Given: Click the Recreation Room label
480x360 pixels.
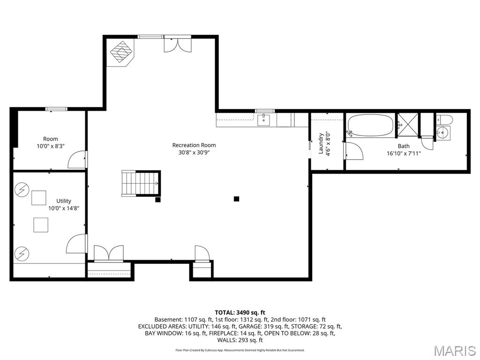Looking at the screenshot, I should point(194,145).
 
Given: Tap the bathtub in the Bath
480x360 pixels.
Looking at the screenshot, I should point(370,126).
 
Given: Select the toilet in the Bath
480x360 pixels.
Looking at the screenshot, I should point(443,120).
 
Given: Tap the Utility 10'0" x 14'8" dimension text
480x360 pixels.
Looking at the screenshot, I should point(64,209).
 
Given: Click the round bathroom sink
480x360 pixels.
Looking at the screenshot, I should point(442,133).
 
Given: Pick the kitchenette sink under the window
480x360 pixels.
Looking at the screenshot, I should point(265,120).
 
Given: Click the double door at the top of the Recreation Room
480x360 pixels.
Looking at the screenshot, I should point(177,45).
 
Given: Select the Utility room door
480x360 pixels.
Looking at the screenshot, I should point(76,244).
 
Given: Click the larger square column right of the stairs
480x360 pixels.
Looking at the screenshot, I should point(237,199).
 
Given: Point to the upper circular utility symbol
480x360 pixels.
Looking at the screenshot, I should point(22,189).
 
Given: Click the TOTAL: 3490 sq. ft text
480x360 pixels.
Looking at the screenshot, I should point(240,312).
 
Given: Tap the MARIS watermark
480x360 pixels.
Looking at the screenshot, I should point(455,351).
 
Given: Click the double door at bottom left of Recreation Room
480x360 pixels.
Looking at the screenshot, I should point(109,253).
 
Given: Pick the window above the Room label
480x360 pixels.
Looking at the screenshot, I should point(56,109).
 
